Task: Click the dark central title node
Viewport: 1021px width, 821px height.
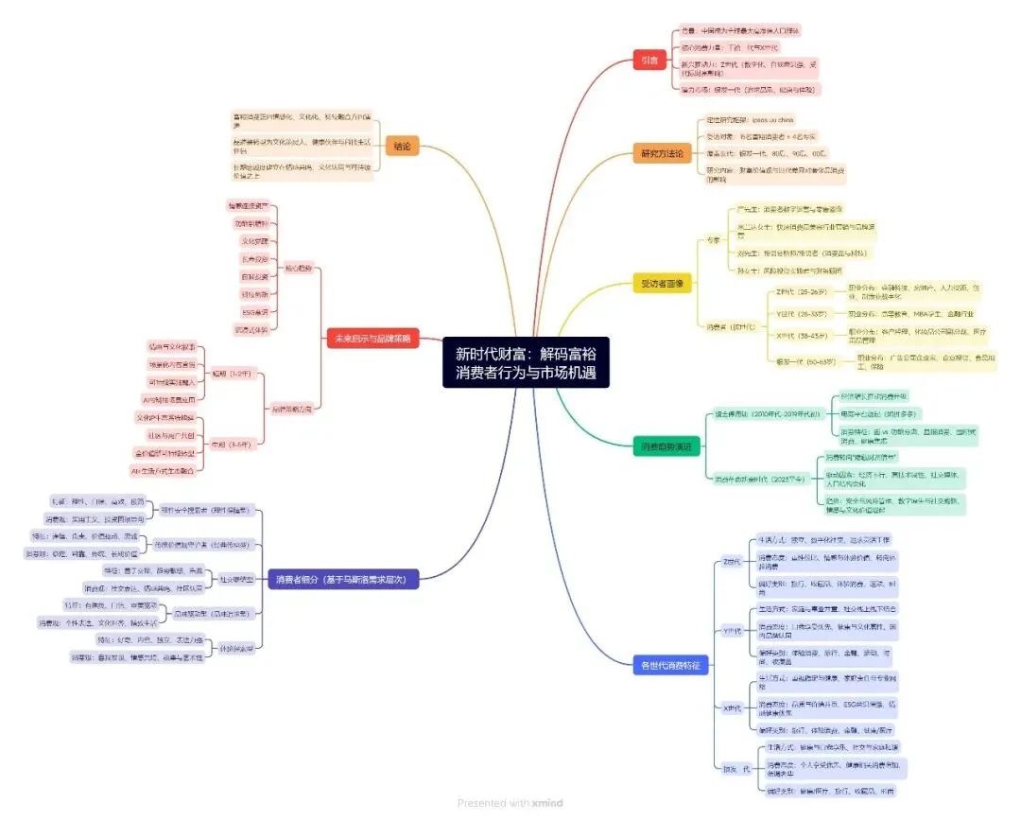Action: click(526, 362)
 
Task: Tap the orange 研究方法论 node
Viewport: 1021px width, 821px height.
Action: click(662, 152)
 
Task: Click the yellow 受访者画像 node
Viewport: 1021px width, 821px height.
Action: click(663, 282)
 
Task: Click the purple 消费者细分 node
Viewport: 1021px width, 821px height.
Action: click(343, 579)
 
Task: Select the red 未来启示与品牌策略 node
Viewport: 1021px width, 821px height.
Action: click(372, 340)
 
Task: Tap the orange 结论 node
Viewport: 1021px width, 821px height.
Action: click(402, 147)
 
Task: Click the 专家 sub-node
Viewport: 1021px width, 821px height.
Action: click(715, 240)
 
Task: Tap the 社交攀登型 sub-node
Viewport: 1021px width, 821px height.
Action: click(236, 579)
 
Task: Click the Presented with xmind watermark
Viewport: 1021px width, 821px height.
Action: click(510, 803)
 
